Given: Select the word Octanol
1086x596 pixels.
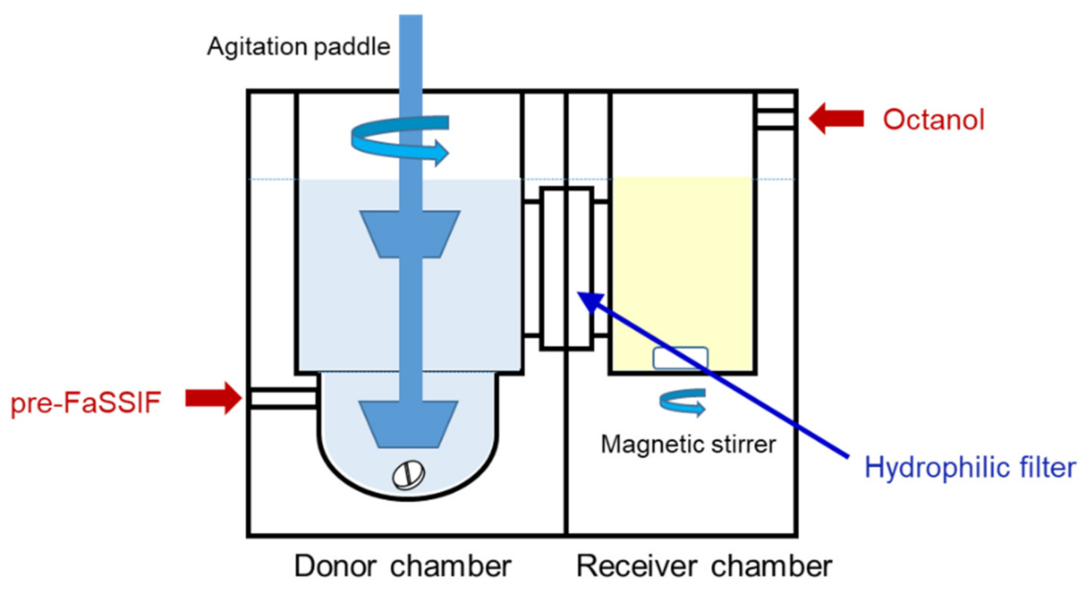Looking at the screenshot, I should [934, 119].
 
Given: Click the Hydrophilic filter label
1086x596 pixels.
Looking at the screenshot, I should [970, 468].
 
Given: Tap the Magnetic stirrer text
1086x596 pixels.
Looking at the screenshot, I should [688, 444].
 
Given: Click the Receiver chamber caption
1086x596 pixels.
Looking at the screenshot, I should [704, 565].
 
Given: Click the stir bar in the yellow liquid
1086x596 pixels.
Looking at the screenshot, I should [680, 358].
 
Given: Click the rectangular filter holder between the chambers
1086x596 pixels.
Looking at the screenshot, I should [566, 268].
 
